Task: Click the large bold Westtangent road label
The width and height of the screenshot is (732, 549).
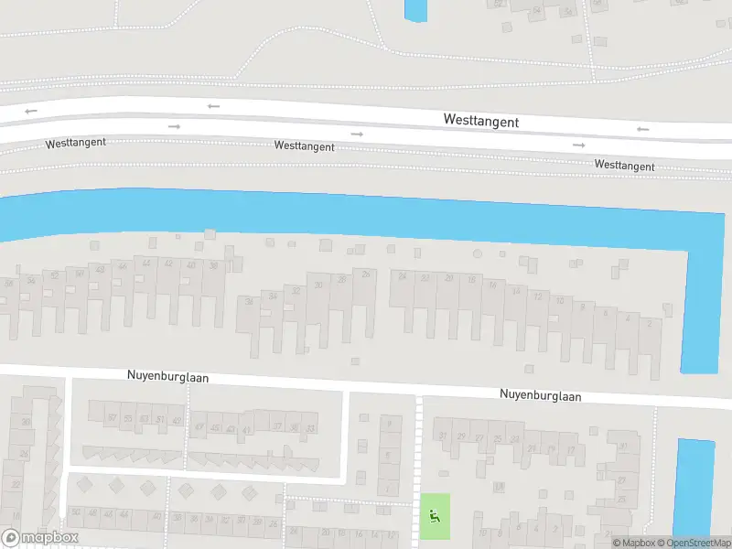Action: point(480,121)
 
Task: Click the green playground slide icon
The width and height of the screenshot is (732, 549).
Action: point(435,516)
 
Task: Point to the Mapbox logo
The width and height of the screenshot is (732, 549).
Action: point(39,538)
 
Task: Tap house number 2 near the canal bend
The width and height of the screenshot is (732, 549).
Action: point(649,323)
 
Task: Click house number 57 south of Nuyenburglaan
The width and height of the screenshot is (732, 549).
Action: point(112,418)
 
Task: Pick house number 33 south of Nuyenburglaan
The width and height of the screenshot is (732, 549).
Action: point(311,428)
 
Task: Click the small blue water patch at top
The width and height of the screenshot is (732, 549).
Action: point(415,9)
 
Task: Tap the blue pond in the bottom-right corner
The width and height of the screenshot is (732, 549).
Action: point(694,485)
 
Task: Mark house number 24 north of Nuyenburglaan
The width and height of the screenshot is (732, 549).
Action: point(402,275)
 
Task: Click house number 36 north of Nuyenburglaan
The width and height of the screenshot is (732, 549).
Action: point(213,265)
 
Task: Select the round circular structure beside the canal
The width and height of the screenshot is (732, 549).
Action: point(477,253)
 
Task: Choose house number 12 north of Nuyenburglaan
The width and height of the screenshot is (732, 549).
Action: point(537,296)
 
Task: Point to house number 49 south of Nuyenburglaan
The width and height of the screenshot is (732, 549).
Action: point(177,420)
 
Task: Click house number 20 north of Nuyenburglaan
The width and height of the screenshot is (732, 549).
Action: point(448,278)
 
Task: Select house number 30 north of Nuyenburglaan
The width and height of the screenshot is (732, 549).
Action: point(318,285)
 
